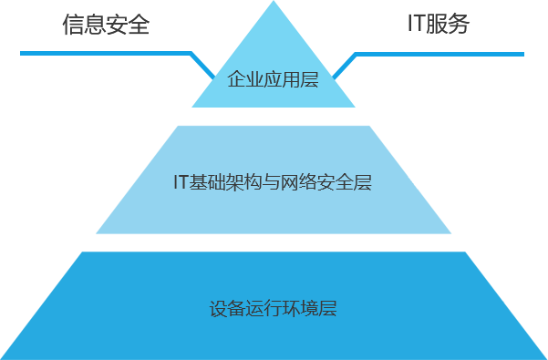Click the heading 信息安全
point(106,25)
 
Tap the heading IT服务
point(439,24)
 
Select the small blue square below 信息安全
point(44,65)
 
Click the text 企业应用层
point(273,79)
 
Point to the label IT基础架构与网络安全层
point(273,182)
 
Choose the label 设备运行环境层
point(273,308)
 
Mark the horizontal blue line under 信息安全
point(128,53)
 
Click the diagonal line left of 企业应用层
point(202,66)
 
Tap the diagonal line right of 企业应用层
point(345,66)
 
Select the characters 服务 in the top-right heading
point(449,24)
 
